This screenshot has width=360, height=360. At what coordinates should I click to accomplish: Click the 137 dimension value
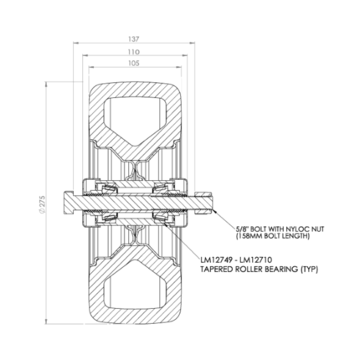(x=134, y=39)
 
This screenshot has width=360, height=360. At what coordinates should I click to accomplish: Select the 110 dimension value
(x=134, y=52)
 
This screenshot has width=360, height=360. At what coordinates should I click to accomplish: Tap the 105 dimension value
(x=134, y=64)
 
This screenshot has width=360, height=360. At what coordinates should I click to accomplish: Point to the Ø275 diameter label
(x=42, y=203)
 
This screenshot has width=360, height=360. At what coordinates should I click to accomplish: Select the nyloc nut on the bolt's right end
(x=204, y=203)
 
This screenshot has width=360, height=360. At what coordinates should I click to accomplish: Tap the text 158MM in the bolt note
(x=249, y=236)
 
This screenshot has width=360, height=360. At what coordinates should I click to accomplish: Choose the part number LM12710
(x=256, y=260)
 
